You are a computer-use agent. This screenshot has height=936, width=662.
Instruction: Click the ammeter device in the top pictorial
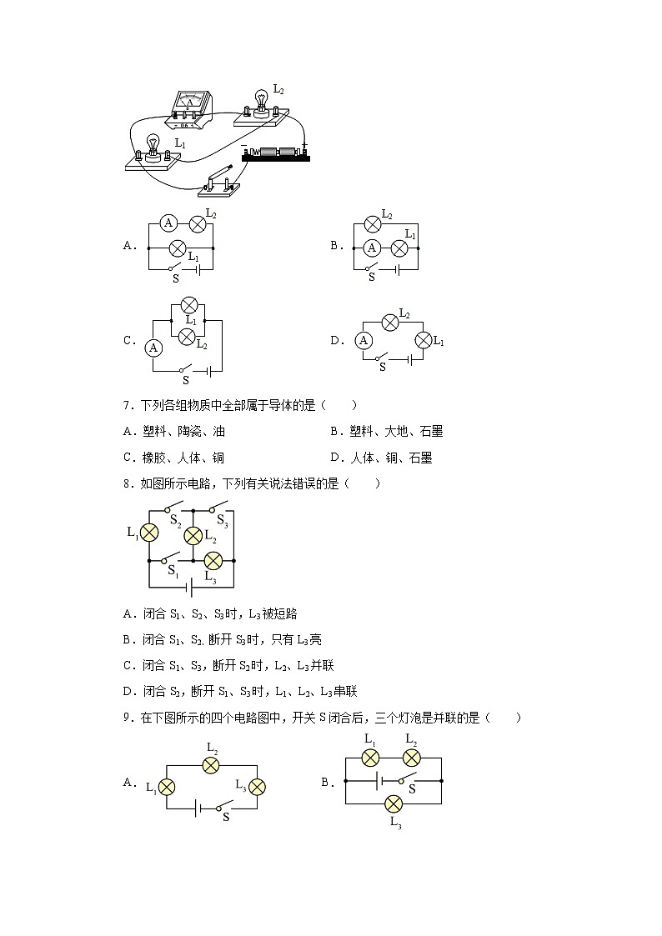pos(190,109)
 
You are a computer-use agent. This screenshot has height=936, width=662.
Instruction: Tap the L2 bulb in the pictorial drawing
pos(261,104)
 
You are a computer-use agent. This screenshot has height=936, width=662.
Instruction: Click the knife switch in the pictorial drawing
pos(223,178)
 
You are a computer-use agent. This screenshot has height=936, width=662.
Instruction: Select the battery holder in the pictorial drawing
pos(275,153)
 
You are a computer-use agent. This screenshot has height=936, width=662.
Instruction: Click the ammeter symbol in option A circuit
pos(168,223)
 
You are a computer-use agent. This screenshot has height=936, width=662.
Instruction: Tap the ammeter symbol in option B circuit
pos(373,247)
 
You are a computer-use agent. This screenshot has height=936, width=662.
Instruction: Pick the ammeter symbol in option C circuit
pos(153,348)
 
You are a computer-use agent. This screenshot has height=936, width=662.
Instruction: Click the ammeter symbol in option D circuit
pos(363,340)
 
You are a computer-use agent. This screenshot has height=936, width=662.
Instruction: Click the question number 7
pos(128,406)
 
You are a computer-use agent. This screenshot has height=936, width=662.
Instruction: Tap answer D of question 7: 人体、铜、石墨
pos(381,458)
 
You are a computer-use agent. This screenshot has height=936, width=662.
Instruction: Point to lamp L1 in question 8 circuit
pos(148,533)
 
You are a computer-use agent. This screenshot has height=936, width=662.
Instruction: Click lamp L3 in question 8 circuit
pos(213,561)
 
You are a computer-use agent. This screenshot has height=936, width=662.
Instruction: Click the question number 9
pos(128,718)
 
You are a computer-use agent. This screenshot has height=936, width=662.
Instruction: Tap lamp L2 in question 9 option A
pos(212,767)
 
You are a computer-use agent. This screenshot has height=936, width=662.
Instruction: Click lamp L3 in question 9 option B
pos(394,803)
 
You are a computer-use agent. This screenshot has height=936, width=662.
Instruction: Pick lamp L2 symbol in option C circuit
pos(188,337)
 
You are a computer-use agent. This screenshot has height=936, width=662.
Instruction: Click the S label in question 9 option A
pos(225,818)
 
